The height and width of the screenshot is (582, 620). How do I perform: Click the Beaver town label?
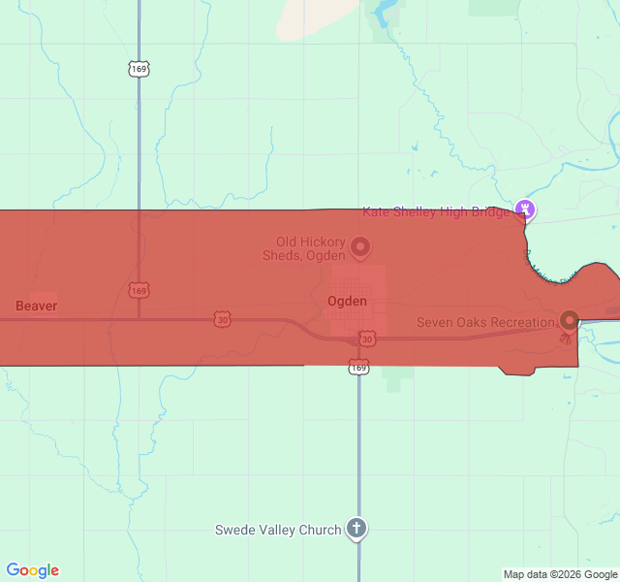point(36,306)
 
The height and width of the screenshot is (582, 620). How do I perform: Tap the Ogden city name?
point(347,301)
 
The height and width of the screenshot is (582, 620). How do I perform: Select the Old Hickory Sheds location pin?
point(359,247)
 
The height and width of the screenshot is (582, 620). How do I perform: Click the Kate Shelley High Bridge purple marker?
point(526,208)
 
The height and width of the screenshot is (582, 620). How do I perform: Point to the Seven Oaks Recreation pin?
point(570,319)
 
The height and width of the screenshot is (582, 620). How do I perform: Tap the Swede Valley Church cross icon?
point(357,529)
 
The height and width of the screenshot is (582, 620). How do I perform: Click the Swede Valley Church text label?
point(278,530)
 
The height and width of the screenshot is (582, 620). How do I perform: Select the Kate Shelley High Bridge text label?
point(436,211)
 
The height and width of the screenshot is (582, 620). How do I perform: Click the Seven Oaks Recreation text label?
point(485,322)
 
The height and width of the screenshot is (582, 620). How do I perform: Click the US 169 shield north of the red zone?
point(139,69)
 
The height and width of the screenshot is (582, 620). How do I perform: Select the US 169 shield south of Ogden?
point(358,367)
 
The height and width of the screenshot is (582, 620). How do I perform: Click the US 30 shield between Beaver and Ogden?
point(223,318)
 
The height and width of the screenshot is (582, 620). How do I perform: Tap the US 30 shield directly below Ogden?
point(366,338)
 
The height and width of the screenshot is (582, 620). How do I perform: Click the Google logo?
point(32,570)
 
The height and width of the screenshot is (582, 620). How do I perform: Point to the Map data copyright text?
point(560,574)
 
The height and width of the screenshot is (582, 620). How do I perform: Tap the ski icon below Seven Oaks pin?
point(565,339)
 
